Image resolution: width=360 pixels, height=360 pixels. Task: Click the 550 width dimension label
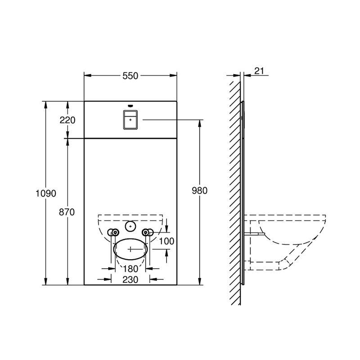tap(130, 76)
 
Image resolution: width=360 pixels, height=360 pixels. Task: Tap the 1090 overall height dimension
tap(46, 193)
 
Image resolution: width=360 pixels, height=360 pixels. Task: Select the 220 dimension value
tap(67, 120)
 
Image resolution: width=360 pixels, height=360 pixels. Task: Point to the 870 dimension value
tap(67, 212)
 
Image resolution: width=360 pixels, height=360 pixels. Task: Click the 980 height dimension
tap(199, 190)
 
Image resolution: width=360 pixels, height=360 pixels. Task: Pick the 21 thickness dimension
tap(259, 71)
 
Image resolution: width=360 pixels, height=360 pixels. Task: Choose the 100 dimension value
tap(166, 241)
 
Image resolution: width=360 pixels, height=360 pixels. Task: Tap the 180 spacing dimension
tap(130, 269)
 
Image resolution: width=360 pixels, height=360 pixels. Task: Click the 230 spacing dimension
tap(130, 279)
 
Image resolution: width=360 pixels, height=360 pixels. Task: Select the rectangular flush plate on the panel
tap(130, 120)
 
